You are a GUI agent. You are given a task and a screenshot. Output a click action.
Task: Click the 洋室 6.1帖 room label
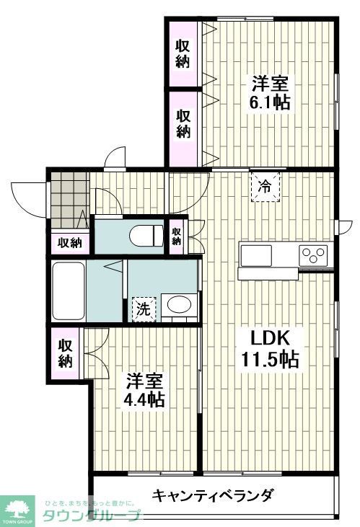271,92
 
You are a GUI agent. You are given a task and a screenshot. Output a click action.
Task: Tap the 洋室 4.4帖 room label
146,389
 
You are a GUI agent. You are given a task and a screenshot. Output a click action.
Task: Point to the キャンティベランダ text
213,495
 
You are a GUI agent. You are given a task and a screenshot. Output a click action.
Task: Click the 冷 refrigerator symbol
265,187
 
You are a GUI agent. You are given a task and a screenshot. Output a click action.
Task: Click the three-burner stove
314,254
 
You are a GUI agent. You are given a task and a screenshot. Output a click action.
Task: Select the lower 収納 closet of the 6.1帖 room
183,123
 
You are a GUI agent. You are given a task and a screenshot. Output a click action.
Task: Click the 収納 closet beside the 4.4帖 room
66,352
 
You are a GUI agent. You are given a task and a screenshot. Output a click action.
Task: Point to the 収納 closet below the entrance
70,243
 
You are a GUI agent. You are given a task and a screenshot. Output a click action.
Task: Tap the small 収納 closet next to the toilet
177,235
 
